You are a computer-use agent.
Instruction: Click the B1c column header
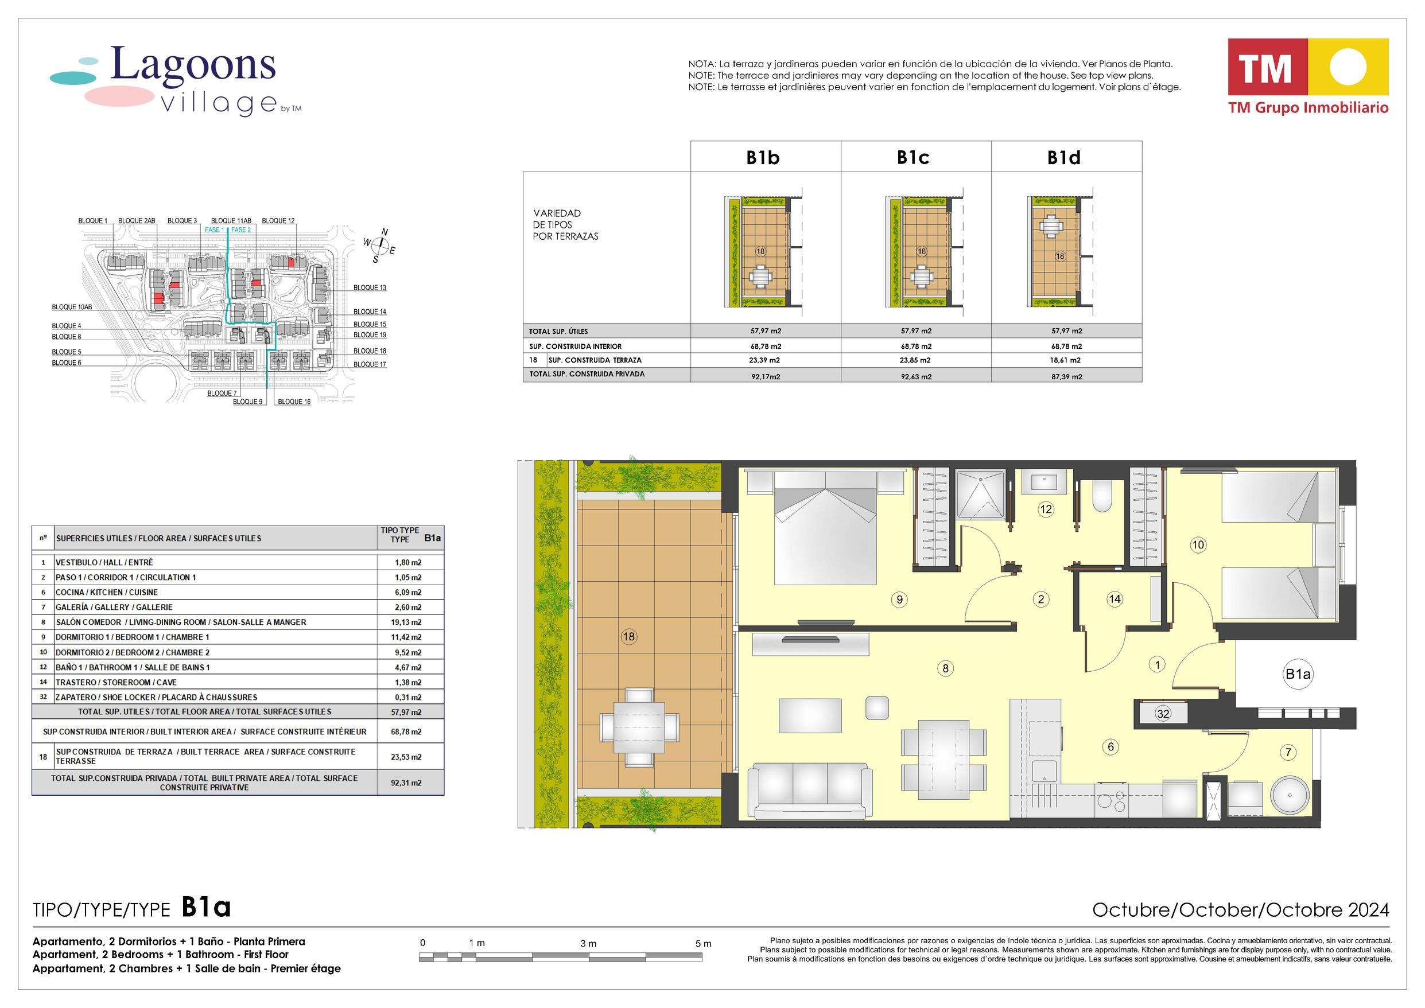coord(913,158)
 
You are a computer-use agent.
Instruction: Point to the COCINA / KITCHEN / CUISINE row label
coord(107,593)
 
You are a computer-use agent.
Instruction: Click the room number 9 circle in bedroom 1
coord(899,600)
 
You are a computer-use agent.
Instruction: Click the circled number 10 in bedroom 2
coord(1198,545)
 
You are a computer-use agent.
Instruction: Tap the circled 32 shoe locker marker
coord(1163,714)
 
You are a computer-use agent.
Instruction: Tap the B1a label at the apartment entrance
coord(1297,674)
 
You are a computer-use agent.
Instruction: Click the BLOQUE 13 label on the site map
coord(370,288)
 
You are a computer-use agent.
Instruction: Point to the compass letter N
coord(385,232)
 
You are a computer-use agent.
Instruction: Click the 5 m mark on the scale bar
coord(704,943)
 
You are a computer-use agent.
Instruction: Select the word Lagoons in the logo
coord(192,65)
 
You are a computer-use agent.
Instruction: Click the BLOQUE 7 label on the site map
coord(222,394)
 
